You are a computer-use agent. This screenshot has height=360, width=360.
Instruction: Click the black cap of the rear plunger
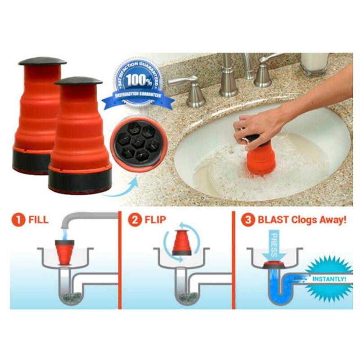tap(42, 61)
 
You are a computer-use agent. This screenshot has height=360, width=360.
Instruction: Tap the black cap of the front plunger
tap(78, 81)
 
